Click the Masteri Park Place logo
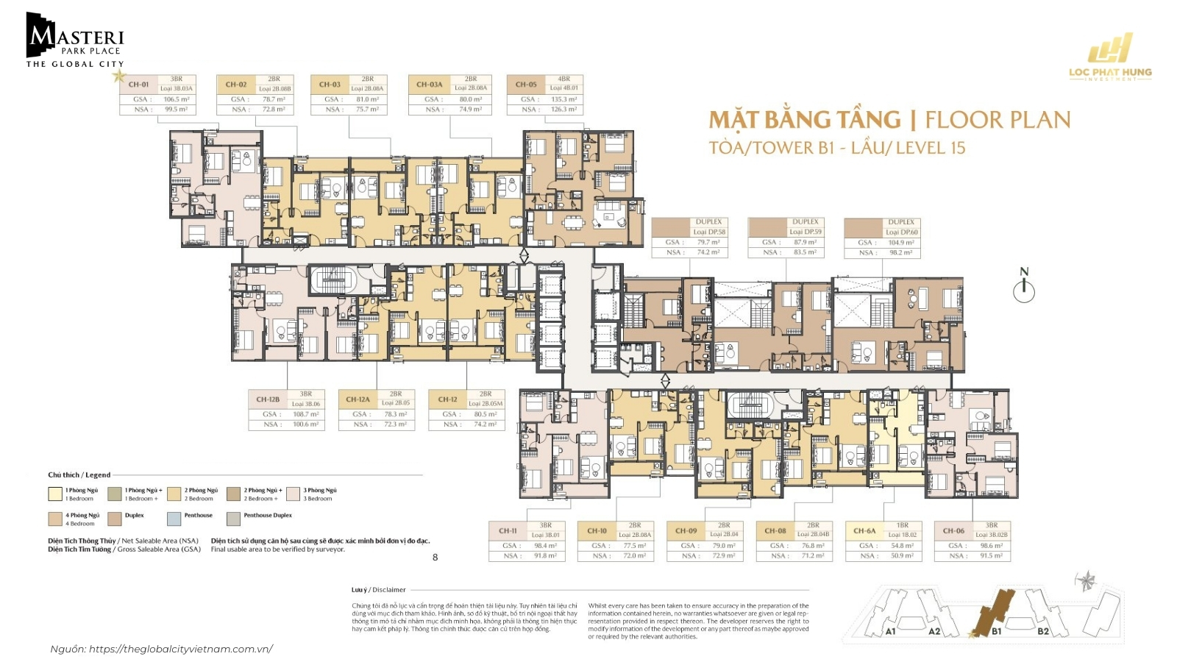click(75, 41)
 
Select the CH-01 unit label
click(138, 84)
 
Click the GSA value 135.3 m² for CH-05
click(563, 99)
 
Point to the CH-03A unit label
click(429, 84)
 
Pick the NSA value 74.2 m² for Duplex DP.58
click(708, 252)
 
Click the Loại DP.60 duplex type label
click(901, 232)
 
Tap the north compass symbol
click(1024, 287)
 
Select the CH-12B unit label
click(268, 399)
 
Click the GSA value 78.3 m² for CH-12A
click(395, 414)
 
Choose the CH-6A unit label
click(864, 530)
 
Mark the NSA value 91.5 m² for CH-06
click(991, 555)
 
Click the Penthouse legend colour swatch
click(174, 519)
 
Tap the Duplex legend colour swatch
click(114, 519)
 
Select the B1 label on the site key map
click(996, 631)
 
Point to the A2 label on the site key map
click(934, 631)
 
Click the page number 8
click(435, 558)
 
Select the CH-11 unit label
click(508, 530)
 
